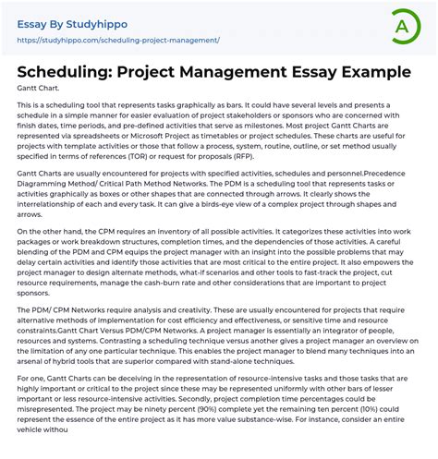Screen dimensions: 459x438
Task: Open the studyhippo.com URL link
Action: (x=119, y=41)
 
